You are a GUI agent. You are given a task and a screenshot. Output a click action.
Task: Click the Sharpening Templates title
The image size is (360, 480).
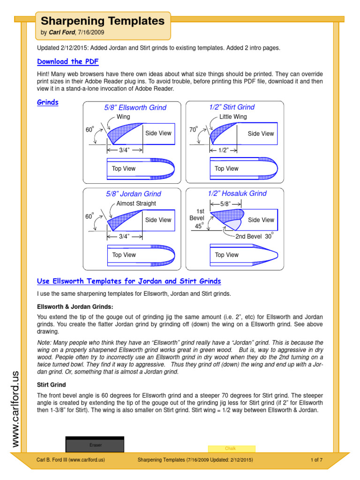103,21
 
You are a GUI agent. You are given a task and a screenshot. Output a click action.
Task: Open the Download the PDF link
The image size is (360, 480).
67,61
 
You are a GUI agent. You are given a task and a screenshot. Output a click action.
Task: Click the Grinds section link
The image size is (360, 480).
47,102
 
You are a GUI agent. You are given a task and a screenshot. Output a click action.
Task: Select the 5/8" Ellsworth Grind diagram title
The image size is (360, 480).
135,108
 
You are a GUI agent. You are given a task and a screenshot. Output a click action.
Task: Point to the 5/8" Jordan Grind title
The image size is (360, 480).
133,194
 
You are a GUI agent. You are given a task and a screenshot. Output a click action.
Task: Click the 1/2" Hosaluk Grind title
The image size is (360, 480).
237,194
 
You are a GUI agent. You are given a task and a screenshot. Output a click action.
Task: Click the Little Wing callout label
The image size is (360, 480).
233,117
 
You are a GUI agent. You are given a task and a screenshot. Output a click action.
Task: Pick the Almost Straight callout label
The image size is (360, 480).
136,203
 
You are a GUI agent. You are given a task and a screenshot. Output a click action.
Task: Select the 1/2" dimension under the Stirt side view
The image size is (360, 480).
223,150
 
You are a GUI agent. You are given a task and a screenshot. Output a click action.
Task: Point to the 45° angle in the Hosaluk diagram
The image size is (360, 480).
198,226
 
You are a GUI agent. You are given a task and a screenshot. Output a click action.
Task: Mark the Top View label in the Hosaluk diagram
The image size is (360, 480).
226,255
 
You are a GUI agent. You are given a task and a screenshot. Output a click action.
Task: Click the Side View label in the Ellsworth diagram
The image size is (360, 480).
158,133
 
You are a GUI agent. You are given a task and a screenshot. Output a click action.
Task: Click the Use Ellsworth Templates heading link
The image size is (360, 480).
129,281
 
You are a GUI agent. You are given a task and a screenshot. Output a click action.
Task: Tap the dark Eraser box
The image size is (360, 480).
95,444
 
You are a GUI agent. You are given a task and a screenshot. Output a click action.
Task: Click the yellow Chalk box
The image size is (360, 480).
231,449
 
